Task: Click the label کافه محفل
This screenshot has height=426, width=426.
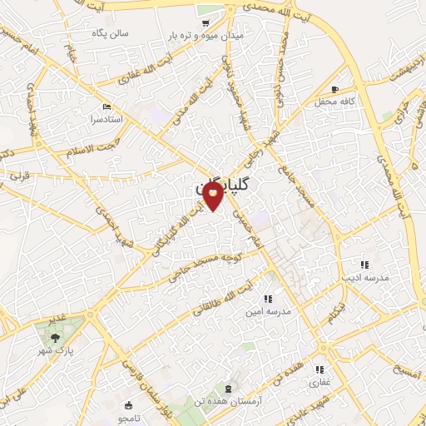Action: (335, 102)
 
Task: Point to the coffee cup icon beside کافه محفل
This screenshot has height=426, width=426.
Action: (334, 89)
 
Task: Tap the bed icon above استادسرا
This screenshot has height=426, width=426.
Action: (106, 107)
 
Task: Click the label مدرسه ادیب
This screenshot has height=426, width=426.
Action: (359, 277)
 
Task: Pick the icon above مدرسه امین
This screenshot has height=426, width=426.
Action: (267, 298)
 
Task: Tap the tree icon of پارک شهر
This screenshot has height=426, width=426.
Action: (55, 337)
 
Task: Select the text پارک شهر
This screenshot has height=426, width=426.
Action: (59, 350)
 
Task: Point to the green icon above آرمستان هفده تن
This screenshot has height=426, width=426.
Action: (226, 389)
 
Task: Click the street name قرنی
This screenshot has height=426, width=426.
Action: (19, 176)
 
